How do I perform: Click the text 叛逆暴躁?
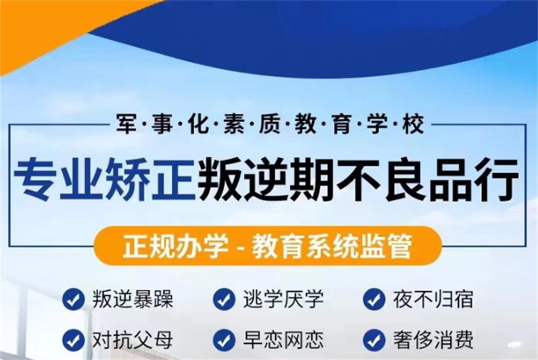[133, 299]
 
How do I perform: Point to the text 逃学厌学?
[283, 299]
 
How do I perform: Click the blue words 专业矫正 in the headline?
[105, 178]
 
